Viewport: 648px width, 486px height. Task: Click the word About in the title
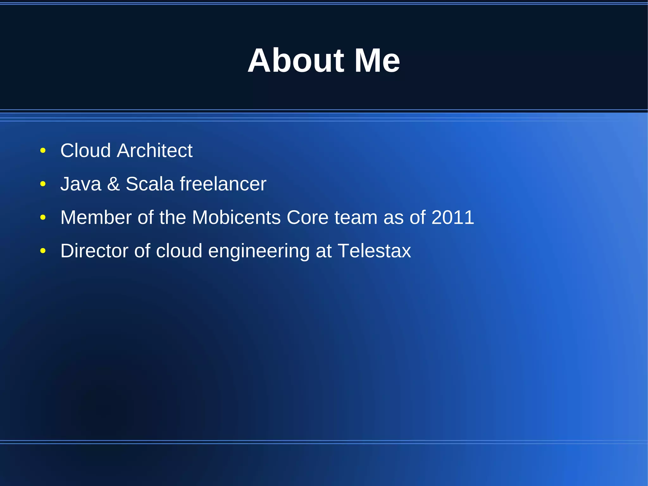click(296, 60)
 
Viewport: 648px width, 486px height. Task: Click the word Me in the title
click(377, 60)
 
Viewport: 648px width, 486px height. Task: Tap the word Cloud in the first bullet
click(85, 150)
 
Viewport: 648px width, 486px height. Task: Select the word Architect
click(154, 150)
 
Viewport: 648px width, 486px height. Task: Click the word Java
click(81, 184)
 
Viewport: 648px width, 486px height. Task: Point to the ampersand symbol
click(113, 184)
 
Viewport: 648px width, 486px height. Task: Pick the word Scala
click(150, 184)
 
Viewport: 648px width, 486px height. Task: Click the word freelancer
click(223, 184)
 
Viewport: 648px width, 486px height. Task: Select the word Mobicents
click(236, 218)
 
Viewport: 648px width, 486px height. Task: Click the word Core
click(308, 218)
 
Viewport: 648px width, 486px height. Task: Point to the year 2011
click(452, 218)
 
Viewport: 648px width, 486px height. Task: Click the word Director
click(94, 251)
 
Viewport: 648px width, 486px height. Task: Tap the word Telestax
click(374, 251)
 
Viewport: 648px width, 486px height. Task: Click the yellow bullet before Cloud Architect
click(43, 151)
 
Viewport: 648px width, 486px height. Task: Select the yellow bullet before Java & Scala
click(43, 184)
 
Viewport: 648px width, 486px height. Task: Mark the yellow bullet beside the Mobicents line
click(43, 218)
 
